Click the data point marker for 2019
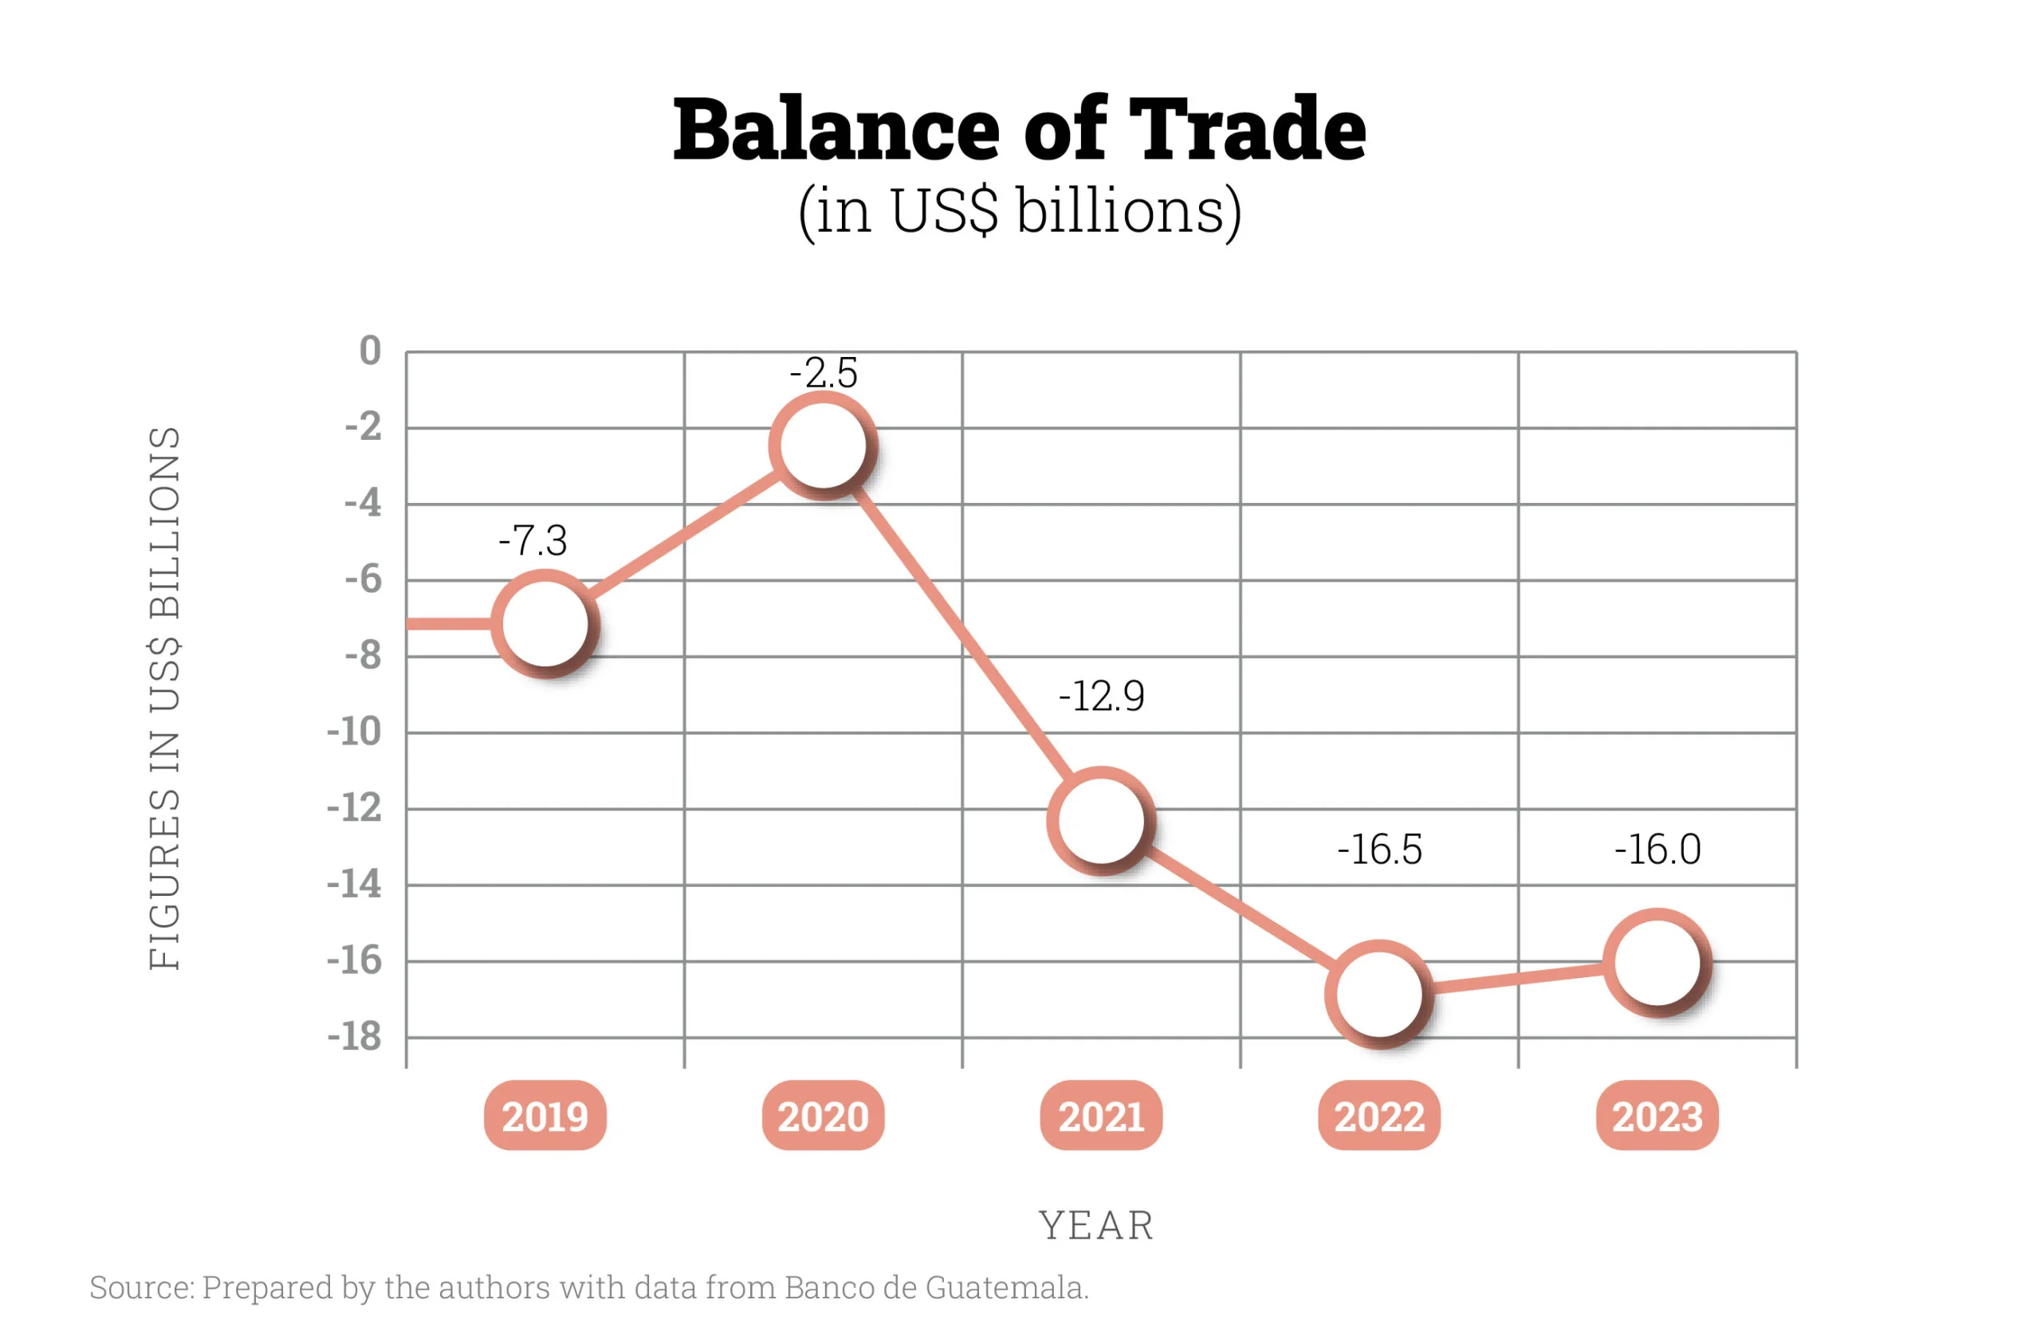tap(545, 623)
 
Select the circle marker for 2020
tap(824, 446)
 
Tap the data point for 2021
tap(1101, 821)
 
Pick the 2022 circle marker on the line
tap(1379, 994)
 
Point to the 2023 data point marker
tap(1657, 963)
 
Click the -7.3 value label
tap(533, 540)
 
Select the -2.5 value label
tap(824, 373)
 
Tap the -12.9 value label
tap(1101, 695)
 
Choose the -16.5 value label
tap(1379, 850)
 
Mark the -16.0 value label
tap(1657, 850)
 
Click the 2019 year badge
tap(545, 1116)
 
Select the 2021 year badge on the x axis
tap(1101, 1116)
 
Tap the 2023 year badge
tap(1657, 1116)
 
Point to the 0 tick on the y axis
tap(370, 351)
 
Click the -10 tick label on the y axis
tap(353, 732)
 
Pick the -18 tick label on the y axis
tap(353, 1037)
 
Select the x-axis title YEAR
tap(1096, 1225)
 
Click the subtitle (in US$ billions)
tap(1020, 212)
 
